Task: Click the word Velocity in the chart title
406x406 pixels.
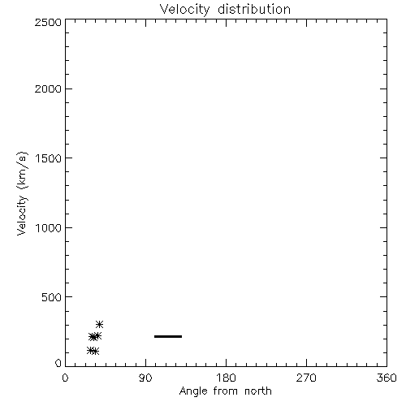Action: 185,10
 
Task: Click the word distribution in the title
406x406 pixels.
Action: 254,9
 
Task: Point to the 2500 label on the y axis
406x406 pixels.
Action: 48,22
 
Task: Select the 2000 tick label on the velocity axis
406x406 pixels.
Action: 48,89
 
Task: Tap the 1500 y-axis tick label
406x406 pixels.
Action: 49,158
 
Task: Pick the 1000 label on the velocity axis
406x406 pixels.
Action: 49,228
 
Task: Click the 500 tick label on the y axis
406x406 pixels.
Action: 52,297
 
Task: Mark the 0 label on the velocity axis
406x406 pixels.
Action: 58,363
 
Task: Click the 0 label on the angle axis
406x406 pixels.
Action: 65,378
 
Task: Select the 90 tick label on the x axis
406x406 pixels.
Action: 145,378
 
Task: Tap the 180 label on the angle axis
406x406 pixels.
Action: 226,378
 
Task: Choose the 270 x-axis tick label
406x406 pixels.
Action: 306,378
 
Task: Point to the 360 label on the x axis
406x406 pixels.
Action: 387,378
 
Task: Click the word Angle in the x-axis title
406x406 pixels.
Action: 193,392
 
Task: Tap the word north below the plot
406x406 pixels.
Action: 258,391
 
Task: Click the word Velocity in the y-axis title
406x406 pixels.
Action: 22,215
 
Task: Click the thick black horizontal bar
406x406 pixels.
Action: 168,336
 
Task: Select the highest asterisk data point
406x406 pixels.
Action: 99,324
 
